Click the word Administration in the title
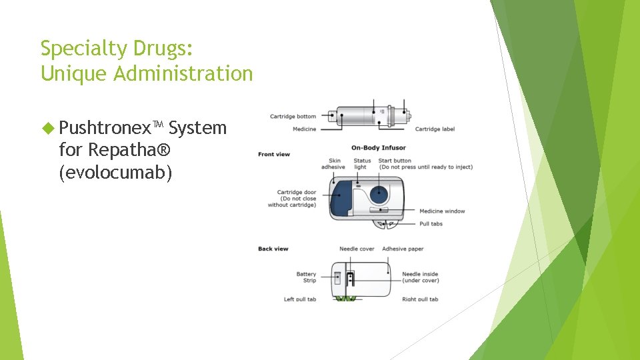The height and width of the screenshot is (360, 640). tap(183, 73)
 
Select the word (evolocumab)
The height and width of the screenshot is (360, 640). tap(115, 173)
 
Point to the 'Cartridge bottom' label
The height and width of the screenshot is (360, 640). tap(293, 117)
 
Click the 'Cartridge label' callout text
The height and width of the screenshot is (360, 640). tap(435, 129)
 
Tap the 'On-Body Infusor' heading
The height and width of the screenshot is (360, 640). tap(379, 147)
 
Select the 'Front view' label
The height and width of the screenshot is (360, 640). tap(274, 155)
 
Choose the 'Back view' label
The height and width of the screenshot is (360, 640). tap(273, 249)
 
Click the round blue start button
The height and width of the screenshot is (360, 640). tap(379, 195)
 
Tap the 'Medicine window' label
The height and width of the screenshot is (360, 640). tap(442, 211)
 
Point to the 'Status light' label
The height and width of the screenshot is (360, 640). tap(362, 163)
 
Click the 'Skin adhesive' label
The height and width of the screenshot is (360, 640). tap(333, 163)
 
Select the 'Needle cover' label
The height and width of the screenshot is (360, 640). tap(357, 249)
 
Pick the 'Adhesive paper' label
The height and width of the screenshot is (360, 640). tap(403, 249)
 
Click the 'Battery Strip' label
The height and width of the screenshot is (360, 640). tap(307, 277)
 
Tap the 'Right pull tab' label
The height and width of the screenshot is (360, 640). tap(420, 299)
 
